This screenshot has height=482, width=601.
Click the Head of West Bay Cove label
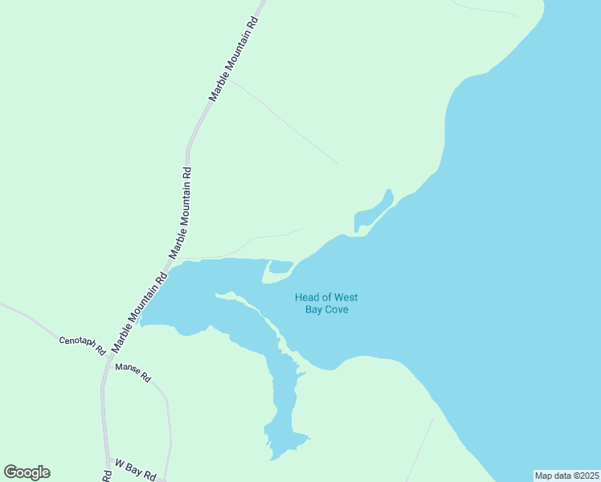[327, 304]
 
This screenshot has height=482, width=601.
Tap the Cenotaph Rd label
[83, 345]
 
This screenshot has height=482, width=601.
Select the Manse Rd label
[133, 371]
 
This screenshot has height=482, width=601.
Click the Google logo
[27, 472]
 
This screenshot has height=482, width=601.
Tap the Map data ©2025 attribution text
[566, 475]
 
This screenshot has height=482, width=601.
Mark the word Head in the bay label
[308, 297]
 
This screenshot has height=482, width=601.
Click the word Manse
[128, 369]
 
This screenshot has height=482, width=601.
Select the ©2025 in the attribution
[583, 475]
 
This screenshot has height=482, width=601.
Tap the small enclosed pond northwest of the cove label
[280, 267]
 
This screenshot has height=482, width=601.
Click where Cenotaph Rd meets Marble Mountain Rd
[108, 359]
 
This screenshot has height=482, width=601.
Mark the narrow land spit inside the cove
[249, 304]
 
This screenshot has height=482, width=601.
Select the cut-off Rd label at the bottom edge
[108, 475]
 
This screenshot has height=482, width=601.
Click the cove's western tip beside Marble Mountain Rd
[143, 322]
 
